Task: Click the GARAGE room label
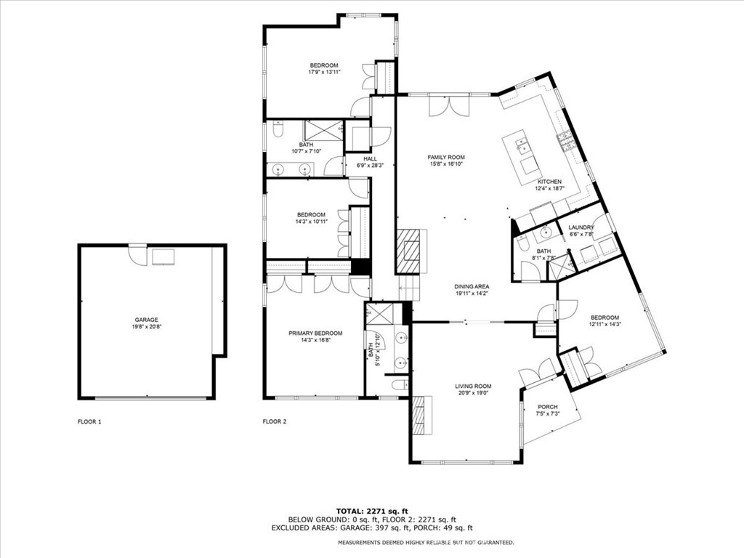click(x=146, y=320)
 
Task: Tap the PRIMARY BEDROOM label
click(x=315, y=333)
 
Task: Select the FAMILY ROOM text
click(x=446, y=157)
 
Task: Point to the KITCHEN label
click(x=549, y=182)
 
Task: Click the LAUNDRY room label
click(x=581, y=227)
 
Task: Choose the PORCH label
click(x=547, y=407)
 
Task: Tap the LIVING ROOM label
click(x=474, y=387)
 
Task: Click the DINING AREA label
click(x=472, y=286)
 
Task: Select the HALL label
click(x=371, y=158)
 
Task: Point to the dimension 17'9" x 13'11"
click(x=324, y=72)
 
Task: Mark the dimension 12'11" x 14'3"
click(x=604, y=324)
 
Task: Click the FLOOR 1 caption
click(x=89, y=421)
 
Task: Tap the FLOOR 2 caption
click(x=275, y=421)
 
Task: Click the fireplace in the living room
click(x=419, y=415)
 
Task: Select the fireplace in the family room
click(x=408, y=251)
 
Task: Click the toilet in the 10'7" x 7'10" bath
click(x=277, y=132)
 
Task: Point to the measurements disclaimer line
click(x=426, y=543)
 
